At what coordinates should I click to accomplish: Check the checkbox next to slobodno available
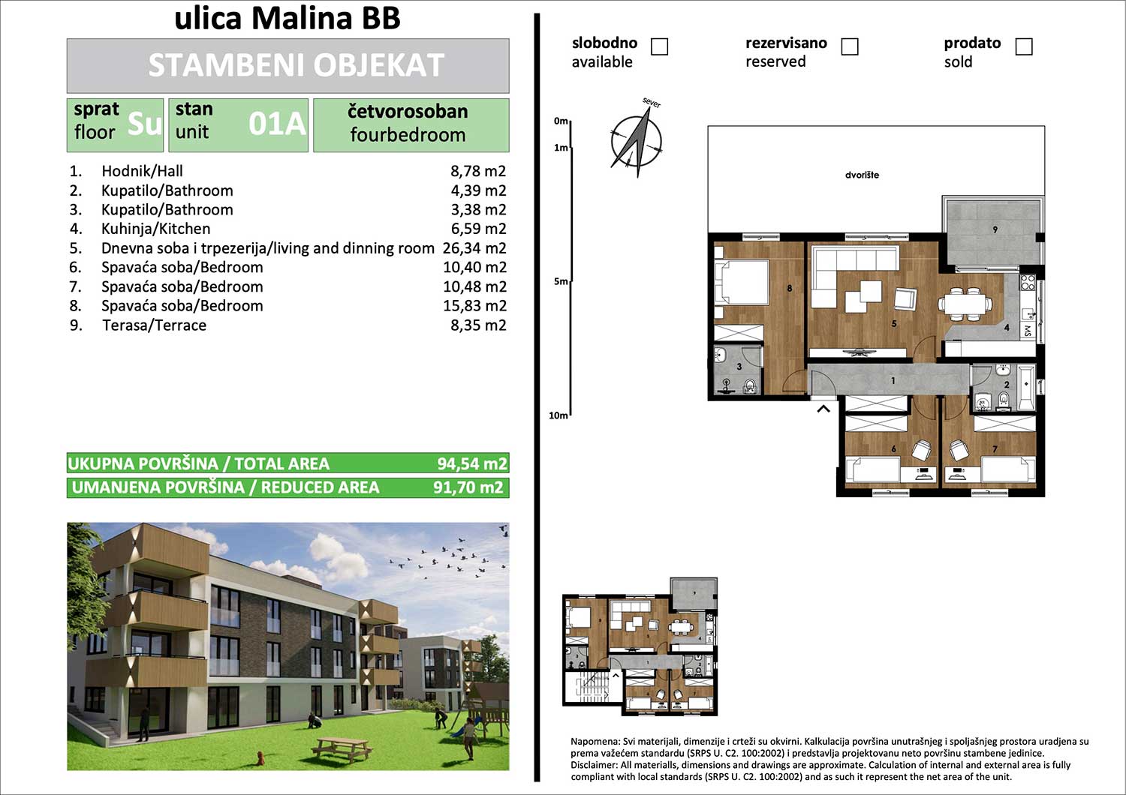pyautogui.click(x=659, y=46)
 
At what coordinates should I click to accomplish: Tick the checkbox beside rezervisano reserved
pyautogui.click(x=850, y=46)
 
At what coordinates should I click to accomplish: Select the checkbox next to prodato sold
pyautogui.click(x=1024, y=46)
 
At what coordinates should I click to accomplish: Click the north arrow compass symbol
pyautogui.click(x=637, y=140)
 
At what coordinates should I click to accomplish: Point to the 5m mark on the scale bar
pyautogui.click(x=571, y=281)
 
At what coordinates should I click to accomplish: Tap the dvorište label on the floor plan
pyautogui.click(x=862, y=175)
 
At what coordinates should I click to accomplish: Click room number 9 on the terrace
pyautogui.click(x=995, y=229)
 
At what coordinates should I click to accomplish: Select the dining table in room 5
pyautogui.click(x=965, y=303)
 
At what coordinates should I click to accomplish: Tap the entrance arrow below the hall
pyautogui.click(x=823, y=409)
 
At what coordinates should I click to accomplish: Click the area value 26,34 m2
pyautogui.click(x=474, y=248)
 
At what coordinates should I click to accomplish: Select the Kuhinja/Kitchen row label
pyautogui.click(x=156, y=229)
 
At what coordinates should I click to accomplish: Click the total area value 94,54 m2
pyautogui.click(x=471, y=463)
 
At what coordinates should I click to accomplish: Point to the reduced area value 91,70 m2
pyautogui.click(x=468, y=487)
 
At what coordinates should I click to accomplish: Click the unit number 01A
pyautogui.click(x=277, y=124)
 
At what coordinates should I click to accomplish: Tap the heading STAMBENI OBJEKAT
pyautogui.click(x=296, y=65)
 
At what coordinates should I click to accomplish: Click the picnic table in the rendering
pyautogui.click(x=342, y=748)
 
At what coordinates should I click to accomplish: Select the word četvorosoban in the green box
pyautogui.click(x=408, y=111)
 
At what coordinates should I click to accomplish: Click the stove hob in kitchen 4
pyautogui.click(x=1028, y=283)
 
